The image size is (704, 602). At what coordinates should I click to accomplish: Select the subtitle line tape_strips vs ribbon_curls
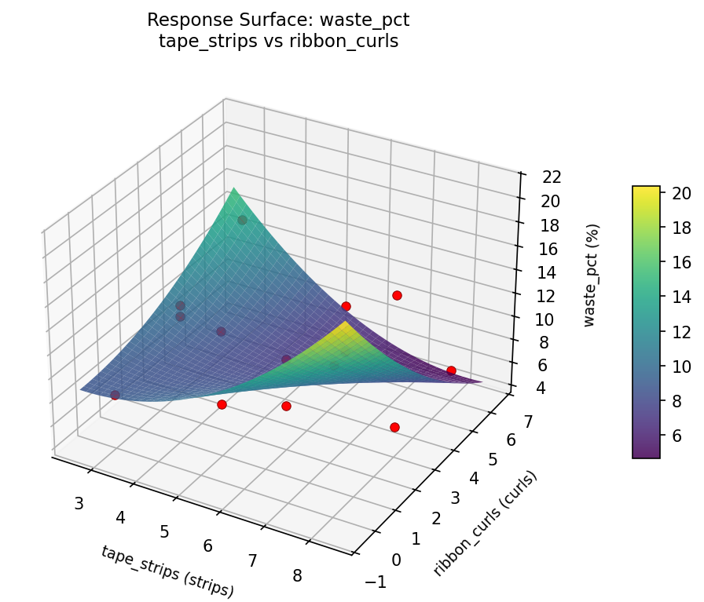click(x=278, y=42)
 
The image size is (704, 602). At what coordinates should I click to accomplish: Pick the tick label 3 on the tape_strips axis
click(x=79, y=503)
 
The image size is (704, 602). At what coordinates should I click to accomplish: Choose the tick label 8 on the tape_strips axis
click(x=297, y=576)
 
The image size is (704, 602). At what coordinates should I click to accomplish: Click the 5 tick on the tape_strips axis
click(x=164, y=531)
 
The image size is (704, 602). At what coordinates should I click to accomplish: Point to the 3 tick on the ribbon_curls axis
click(x=456, y=498)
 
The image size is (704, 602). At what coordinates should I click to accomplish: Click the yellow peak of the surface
click(x=345, y=323)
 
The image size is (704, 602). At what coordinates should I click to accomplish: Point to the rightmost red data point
click(x=451, y=370)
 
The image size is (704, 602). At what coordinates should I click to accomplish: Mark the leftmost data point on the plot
click(x=115, y=395)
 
